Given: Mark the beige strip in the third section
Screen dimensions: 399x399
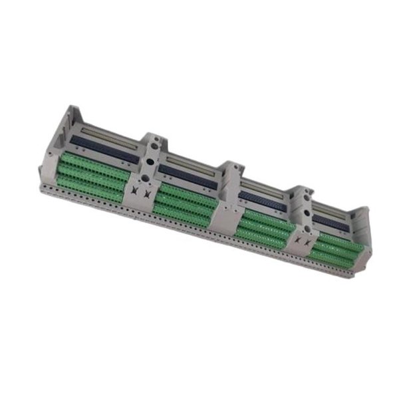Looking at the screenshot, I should [266, 188].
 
